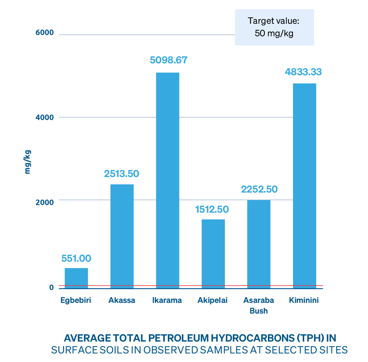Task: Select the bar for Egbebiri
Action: [76, 278]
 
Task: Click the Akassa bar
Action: [122, 236]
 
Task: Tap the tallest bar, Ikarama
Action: [168, 180]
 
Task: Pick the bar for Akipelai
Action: [213, 254]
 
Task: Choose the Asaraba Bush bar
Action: [258, 244]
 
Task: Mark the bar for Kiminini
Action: [304, 186]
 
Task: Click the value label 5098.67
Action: [168, 60]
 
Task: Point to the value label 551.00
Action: [76, 258]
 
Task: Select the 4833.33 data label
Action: [303, 72]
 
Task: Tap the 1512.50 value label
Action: [212, 209]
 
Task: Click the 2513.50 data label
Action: [121, 174]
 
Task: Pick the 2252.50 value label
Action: [259, 189]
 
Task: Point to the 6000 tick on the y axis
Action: [45, 33]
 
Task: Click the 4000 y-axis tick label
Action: [45, 117]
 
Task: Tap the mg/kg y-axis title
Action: [27, 162]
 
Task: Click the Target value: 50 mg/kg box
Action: [274, 27]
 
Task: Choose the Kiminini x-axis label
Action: [304, 300]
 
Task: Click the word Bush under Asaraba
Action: [258, 311]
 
